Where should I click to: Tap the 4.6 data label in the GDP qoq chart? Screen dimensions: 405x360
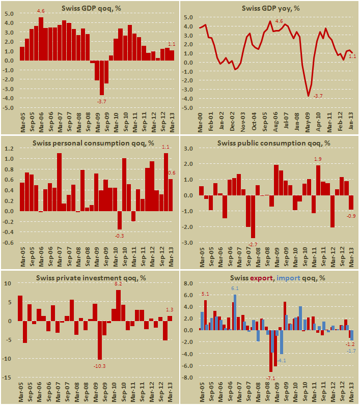point(41,11)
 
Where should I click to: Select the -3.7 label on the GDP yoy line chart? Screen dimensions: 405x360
point(318,96)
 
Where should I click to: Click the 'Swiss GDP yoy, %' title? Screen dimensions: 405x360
point(271,8)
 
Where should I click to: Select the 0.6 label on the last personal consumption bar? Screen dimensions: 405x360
point(172,173)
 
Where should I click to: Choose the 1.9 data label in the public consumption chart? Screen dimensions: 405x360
point(318,159)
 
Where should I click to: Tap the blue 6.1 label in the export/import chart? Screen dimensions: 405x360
point(235,289)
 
